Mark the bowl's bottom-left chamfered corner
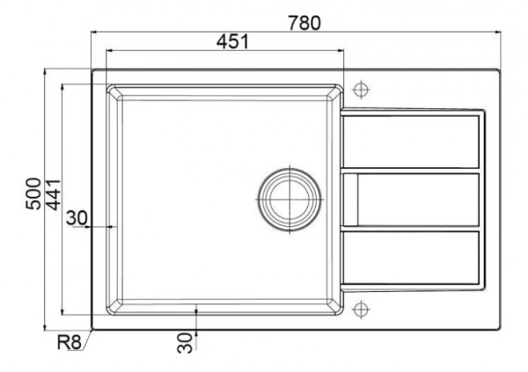[112, 309]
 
